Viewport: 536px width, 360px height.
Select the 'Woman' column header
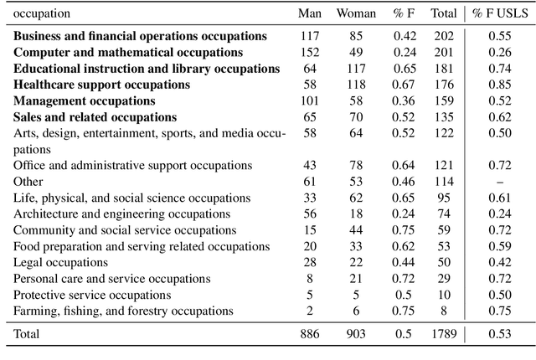tap(356, 13)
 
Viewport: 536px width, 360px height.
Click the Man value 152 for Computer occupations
tap(310, 53)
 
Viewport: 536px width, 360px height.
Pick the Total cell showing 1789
tap(443, 334)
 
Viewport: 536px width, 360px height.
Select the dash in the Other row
tap(499, 182)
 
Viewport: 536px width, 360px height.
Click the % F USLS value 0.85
tap(499, 85)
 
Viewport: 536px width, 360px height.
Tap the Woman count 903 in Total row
tap(356, 334)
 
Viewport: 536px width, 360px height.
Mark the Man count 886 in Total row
tap(310, 334)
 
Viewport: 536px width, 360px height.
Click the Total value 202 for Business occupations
tap(443, 36)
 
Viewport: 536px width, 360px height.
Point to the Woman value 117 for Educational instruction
tap(356, 69)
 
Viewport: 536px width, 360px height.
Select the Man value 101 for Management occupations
tap(310, 101)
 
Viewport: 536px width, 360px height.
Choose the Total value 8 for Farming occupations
tap(443, 311)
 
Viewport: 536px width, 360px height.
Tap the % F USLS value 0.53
tap(499, 334)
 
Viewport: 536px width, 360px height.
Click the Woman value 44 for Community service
tap(356, 230)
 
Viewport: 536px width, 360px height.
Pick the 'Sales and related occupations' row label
tap(95, 117)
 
